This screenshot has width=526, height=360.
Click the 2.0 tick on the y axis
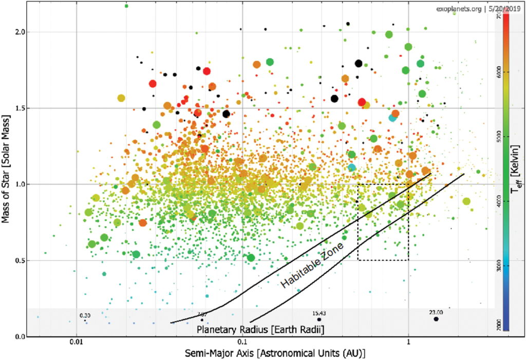click(x=20, y=32)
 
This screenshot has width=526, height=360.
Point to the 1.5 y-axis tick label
click(x=20, y=108)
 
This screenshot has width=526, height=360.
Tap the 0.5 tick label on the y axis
click(x=20, y=260)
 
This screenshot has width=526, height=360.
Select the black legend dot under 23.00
click(x=436, y=319)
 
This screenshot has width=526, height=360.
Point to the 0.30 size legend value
click(x=85, y=315)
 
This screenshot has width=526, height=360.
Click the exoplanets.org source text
click(x=459, y=8)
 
